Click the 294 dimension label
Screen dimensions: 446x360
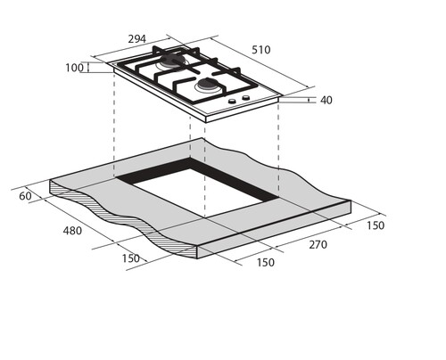click(137, 39)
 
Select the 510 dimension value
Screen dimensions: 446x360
click(261, 50)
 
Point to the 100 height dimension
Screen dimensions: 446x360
click(74, 68)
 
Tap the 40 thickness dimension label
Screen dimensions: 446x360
click(326, 100)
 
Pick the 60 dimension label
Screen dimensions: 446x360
click(25, 196)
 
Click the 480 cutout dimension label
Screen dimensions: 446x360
click(72, 231)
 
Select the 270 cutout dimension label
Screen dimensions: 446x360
click(318, 245)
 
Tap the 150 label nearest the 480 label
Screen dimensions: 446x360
click(131, 258)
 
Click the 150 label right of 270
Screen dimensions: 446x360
click(376, 225)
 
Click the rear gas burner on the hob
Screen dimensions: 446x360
click(172, 61)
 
